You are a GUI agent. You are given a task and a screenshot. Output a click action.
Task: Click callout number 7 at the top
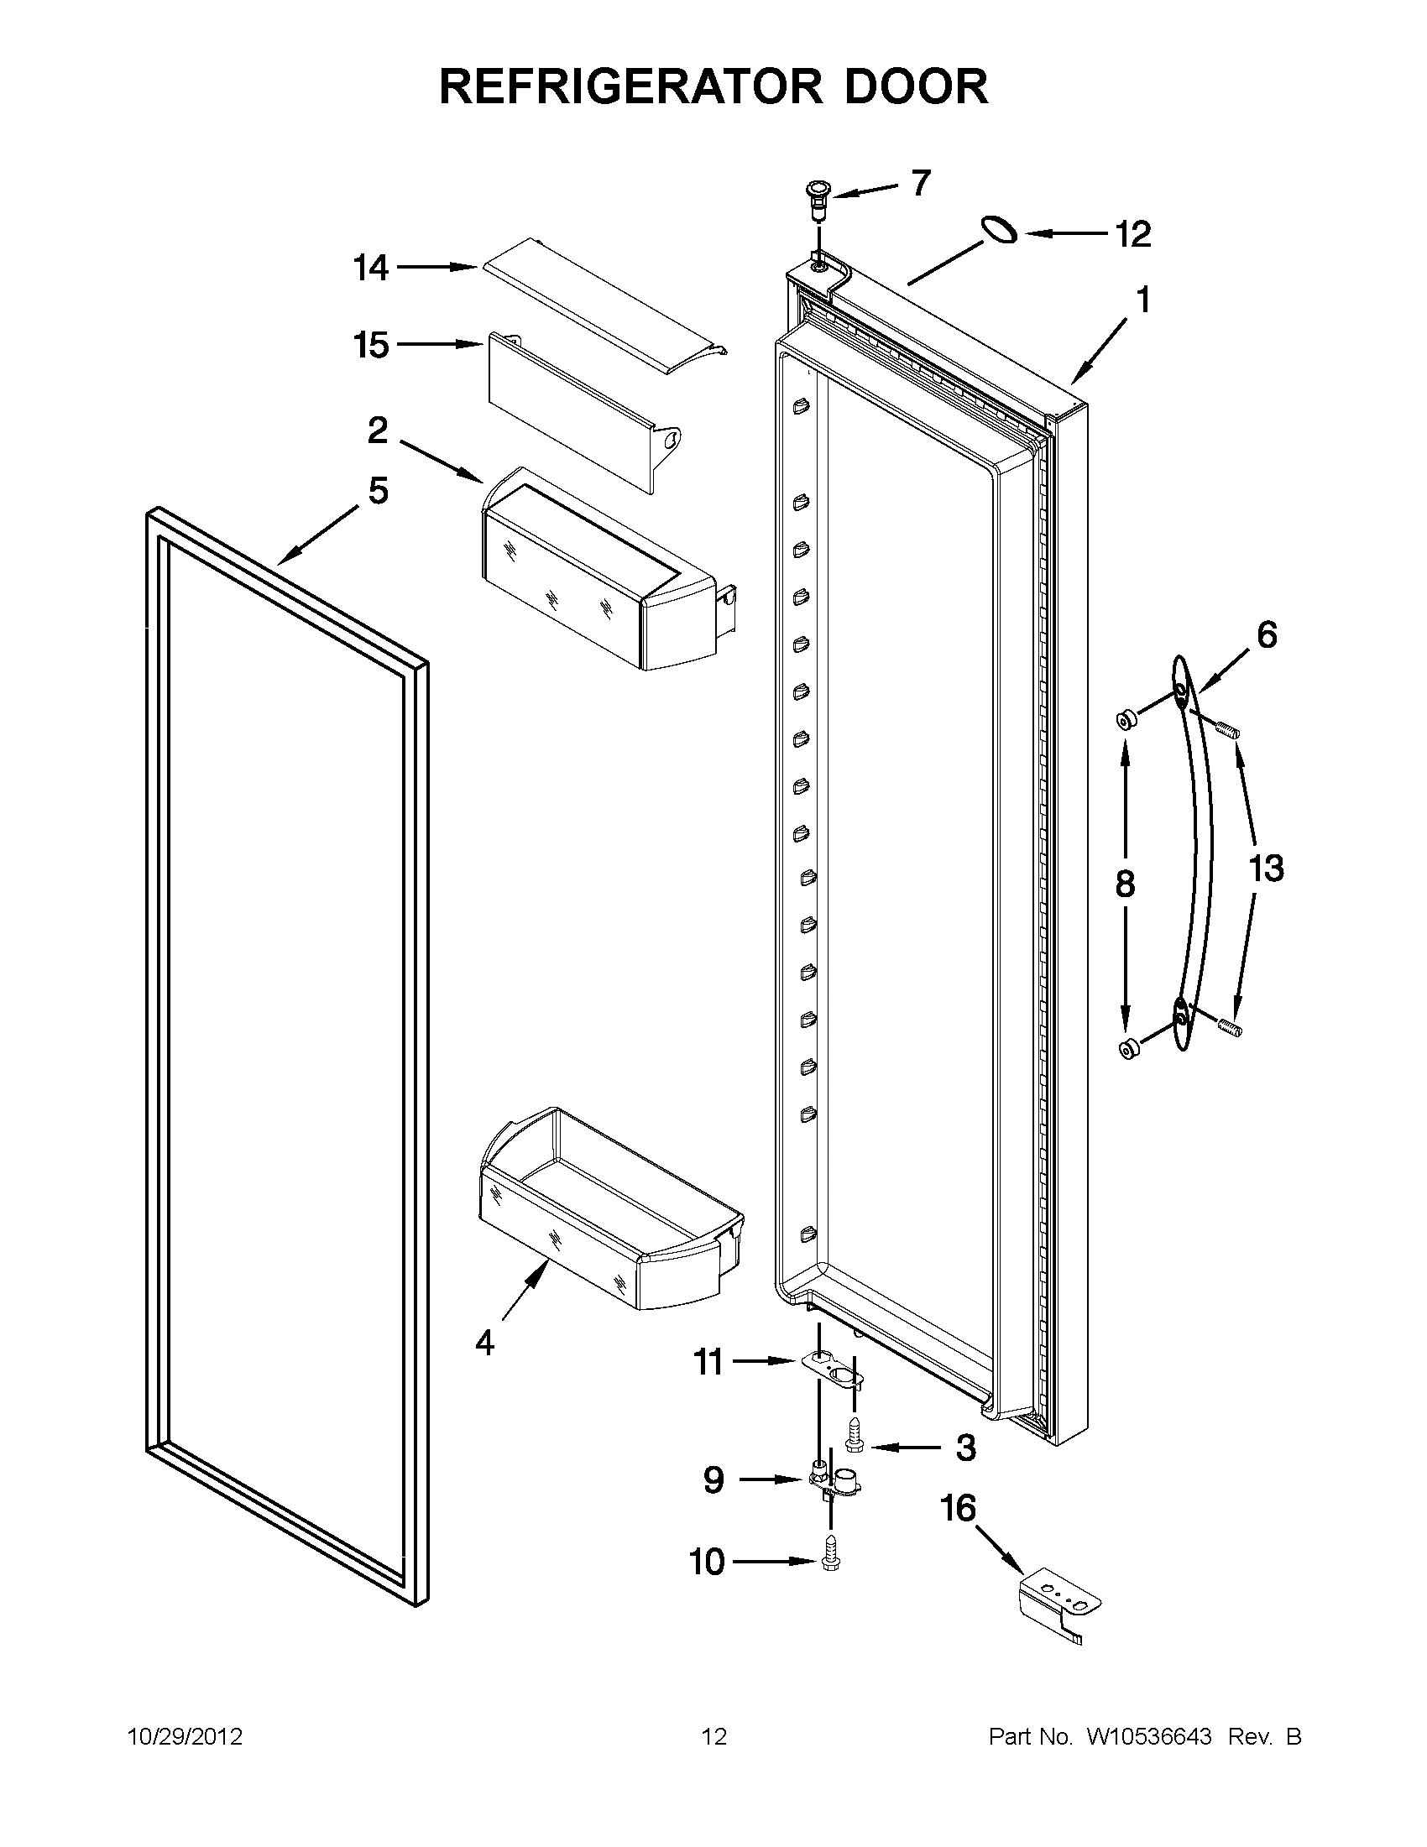point(921,182)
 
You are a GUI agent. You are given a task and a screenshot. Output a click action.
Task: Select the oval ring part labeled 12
point(999,228)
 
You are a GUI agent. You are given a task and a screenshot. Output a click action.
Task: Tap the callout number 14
point(370,268)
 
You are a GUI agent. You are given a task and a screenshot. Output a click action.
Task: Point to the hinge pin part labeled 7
point(817,200)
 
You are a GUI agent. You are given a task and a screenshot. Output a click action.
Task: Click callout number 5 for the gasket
point(377,490)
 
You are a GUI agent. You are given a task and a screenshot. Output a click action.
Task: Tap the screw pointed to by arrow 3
point(854,1448)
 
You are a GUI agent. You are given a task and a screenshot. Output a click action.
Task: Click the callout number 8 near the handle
point(1124,884)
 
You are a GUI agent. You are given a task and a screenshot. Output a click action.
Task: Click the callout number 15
point(370,345)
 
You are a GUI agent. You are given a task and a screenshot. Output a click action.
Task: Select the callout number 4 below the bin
point(484,1342)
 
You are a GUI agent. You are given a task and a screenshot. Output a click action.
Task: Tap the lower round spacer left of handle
point(1126,1050)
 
